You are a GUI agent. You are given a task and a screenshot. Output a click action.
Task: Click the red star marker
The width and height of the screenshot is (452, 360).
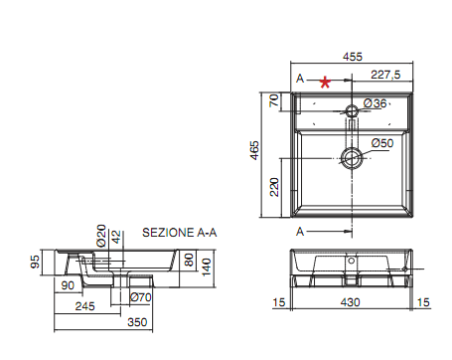coord(325,84)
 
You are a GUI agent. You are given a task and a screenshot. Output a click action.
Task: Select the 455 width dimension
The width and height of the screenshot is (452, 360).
coord(353,57)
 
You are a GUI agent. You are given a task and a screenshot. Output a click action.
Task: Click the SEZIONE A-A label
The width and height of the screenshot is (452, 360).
coord(179,231)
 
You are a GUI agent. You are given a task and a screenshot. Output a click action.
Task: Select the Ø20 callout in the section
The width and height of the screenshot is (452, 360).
coord(100,236)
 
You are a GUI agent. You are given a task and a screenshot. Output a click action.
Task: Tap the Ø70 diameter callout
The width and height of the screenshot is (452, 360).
coord(140,296)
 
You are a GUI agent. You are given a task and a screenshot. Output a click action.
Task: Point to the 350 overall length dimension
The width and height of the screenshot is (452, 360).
coord(137,323)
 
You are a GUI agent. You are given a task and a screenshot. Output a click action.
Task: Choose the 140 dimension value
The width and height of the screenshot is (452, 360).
coord(206,265)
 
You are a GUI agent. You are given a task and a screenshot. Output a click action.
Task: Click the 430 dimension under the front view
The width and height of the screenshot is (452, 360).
coord(353,302)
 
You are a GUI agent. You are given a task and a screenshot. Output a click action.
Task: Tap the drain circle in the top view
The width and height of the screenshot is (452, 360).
coord(352,157)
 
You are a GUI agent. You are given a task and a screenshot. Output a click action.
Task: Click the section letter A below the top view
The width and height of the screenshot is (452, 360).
coord(300,231)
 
